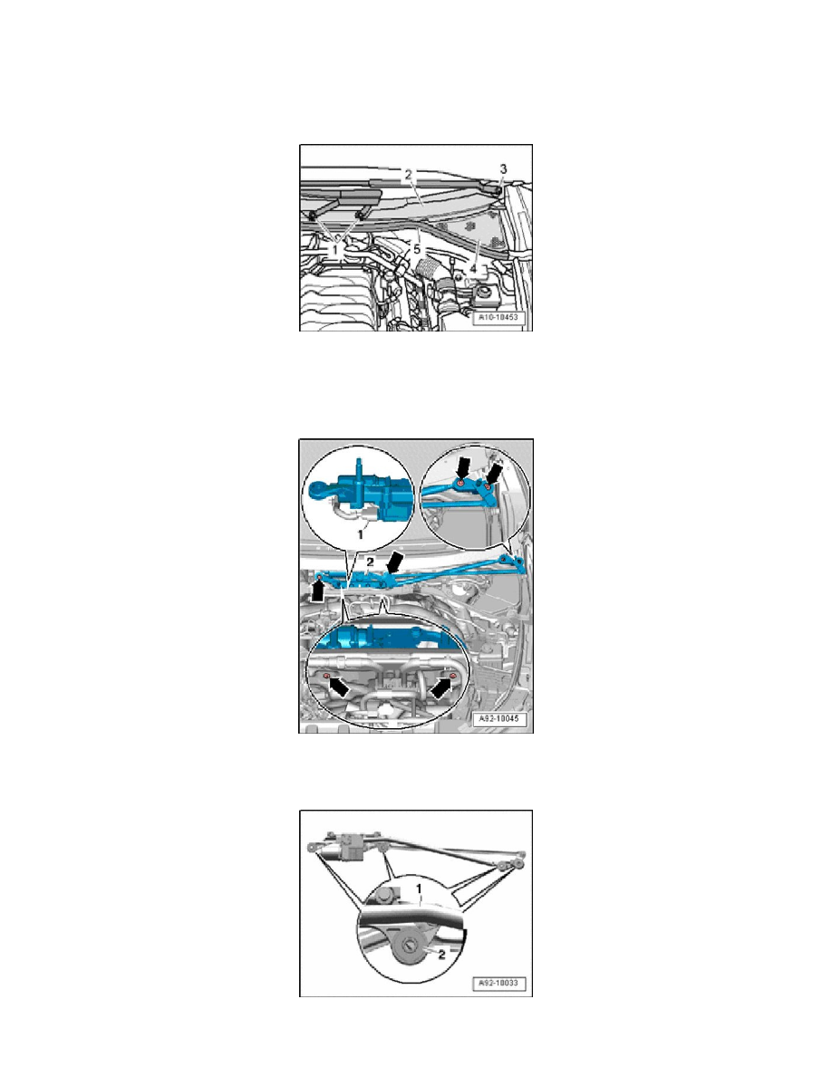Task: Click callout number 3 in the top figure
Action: click(503, 169)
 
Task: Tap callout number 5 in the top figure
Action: click(417, 247)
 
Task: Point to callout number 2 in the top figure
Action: click(409, 173)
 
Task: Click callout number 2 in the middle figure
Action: click(370, 563)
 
